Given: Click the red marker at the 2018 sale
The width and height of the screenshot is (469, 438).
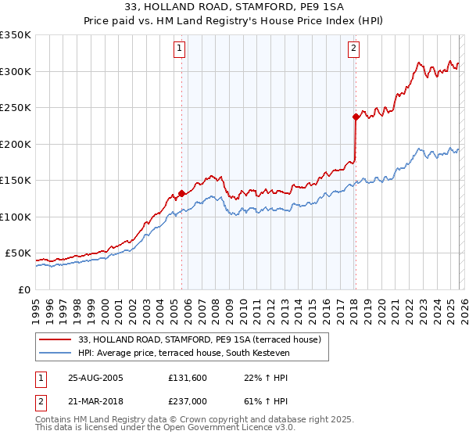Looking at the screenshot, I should pyautogui.click(x=355, y=117).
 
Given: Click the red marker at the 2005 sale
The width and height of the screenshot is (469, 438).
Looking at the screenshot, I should pyautogui.click(x=181, y=193).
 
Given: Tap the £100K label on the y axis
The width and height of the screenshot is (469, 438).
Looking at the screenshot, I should pyautogui.click(x=16, y=217).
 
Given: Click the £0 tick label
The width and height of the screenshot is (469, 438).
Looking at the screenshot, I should pyautogui.click(x=23, y=289).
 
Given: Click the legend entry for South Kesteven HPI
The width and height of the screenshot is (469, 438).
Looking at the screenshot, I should pyautogui.click(x=184, y=354).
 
